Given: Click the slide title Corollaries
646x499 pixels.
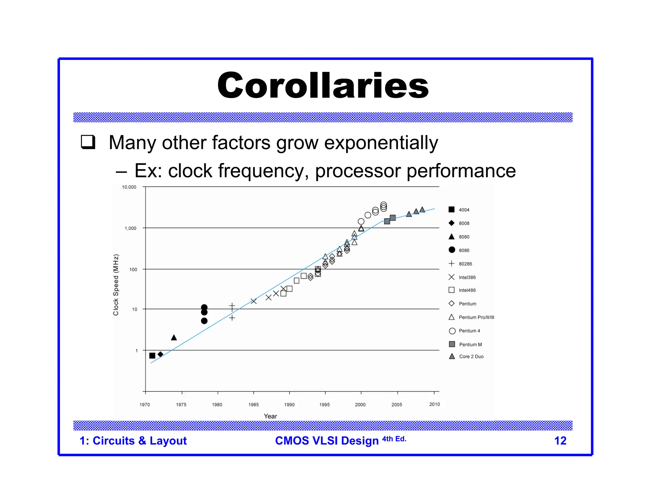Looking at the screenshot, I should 323,85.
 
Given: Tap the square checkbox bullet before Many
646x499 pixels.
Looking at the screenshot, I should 88,142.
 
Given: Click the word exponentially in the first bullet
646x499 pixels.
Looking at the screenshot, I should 381,143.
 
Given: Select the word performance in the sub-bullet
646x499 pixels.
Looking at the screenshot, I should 461,171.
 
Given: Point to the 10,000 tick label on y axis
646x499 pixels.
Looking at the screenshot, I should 129,187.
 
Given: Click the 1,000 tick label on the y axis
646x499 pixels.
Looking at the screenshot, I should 130,228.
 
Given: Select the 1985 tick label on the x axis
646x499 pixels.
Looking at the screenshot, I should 253,405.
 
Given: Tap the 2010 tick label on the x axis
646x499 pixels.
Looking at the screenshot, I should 434,404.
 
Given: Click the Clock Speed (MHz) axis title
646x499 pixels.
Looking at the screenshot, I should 116,285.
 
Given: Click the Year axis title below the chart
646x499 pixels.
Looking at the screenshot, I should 270,416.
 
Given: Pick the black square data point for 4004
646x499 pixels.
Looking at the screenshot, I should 152,355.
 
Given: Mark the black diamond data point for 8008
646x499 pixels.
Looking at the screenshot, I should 160,354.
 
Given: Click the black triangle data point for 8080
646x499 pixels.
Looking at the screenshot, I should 174,338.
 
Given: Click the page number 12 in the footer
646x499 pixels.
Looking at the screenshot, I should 560,441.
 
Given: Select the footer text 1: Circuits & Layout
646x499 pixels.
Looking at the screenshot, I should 133,441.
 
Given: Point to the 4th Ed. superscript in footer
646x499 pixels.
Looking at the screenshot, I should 394,439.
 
